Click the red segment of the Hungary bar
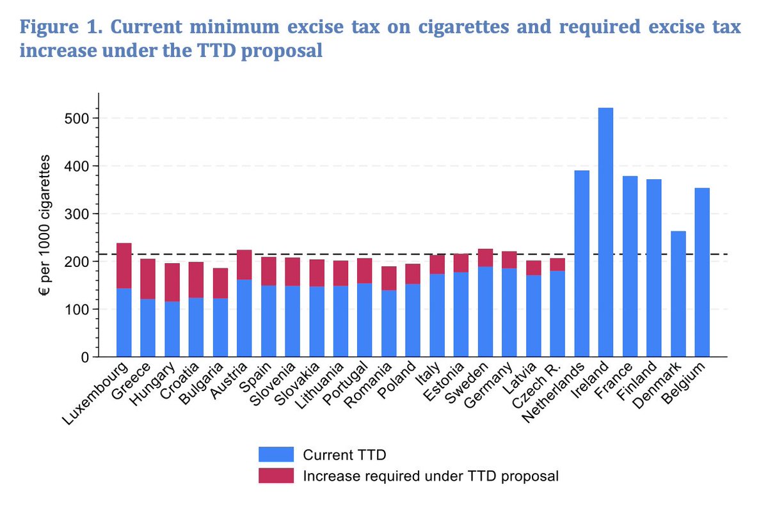(x=172, y=282)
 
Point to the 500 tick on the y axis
(x=79, y=118)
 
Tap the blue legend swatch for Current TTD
(x=276, y=454)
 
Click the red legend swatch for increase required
(x=276, y=476)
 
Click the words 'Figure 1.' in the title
(x=61, y=28)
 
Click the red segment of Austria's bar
(x=244, y=264)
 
